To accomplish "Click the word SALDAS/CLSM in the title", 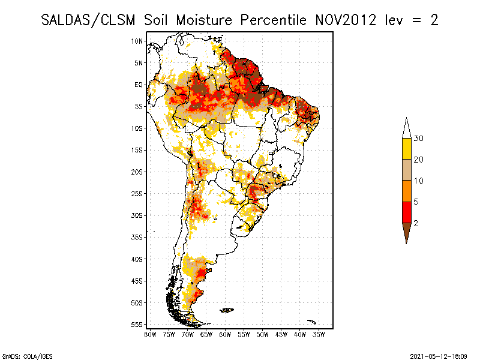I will click(90, 20).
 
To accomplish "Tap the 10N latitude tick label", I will click(137, 41).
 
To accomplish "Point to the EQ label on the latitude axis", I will click(138, 85).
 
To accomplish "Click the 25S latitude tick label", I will click(137, 193).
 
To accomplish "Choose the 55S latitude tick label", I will click(137, 324).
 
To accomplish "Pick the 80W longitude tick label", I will click(151, 334).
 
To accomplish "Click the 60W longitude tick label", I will click(226, 334).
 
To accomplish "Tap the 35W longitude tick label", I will click(319, 334).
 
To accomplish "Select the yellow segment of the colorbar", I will click(407, 148).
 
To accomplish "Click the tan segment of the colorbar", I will click(407, 170).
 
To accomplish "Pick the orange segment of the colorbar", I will click(407, 191).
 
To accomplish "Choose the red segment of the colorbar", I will click(407, 212).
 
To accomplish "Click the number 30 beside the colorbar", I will click(419, 139).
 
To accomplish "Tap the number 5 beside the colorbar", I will click(416, 202).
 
